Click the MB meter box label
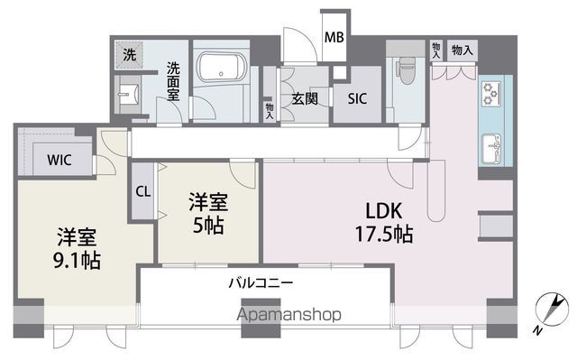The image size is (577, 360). point(334,37)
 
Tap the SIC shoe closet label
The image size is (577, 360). point(357,98)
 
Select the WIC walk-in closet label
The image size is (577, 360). point(59,160)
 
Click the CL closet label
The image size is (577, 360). point(142,191)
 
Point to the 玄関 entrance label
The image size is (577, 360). point(305,98)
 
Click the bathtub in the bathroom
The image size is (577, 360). point(221,69)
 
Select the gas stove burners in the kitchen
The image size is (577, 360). point(490,94)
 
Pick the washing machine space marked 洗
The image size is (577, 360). point(129,55)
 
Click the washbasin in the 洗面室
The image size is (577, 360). point(128,95)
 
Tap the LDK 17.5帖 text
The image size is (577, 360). point(384,222)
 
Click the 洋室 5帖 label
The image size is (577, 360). point(208,214)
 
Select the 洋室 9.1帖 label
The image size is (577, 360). point(77,248)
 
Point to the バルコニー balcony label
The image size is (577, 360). point(261,283)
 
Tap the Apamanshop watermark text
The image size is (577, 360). point(289,315)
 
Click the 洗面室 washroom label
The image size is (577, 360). point(173,81)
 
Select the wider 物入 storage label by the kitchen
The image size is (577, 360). point(463,50)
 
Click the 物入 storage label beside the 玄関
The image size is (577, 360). point(270,111)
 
